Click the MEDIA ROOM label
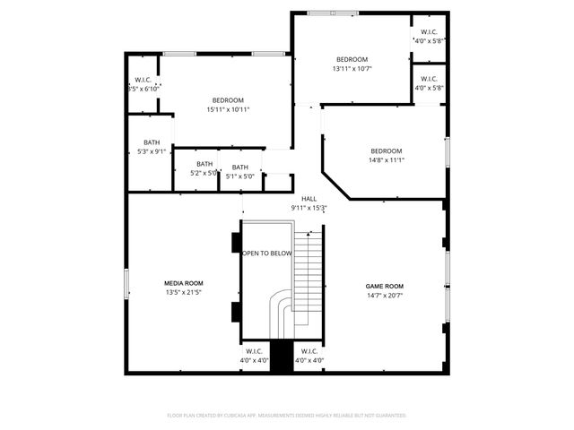pyautogui.click(x=183, y=282)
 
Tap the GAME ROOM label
pyautogui.click(x=385, y=286)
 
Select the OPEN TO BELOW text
pyautogui.click(x=266, y=254)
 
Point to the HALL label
pyautogui.click(x=309, y=199)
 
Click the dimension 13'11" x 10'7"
pyautogui.click(x=352, y=68)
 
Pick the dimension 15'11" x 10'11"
pyautogui.click(x=228, y=109)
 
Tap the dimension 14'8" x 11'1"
pyautogui.click(x=386, y=160)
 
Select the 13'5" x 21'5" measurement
pyautogui.click(x=183, y=292)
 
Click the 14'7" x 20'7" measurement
pyautogui.click(x=385, y=296)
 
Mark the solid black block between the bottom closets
pyautogui.click(x=281, y=357)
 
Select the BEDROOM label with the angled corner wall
pyautogui.click(x=386, y=150)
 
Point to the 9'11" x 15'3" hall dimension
pyautogui.click(x=309, y=208)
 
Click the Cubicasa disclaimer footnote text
pyautogui.click(x=287, y=415)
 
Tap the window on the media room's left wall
pyautogui.click(x=126, y=284)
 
